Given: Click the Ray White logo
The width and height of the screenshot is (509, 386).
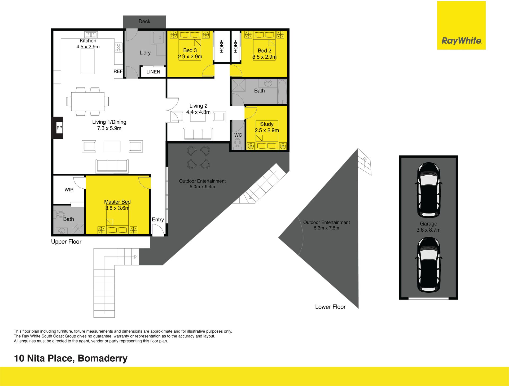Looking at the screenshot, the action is click(461, 25).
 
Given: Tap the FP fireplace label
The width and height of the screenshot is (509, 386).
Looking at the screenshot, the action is click(59, 128).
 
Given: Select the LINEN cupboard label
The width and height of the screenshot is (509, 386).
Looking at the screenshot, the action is click(153, 72).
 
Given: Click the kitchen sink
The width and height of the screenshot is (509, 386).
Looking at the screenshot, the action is click(91, 34).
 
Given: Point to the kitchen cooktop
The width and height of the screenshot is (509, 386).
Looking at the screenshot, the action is click(118, 47).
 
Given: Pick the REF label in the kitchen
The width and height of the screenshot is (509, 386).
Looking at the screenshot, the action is click(118, 71).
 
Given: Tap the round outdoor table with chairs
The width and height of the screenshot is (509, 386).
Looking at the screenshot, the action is click(199, 157).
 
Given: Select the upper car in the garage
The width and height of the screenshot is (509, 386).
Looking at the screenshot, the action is click(429, 190).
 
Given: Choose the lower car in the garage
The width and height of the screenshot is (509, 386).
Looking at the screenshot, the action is click(429, 265).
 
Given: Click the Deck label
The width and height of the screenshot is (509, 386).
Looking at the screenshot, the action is click(144, 21).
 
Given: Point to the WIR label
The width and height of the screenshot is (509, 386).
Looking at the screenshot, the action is click(69, 190).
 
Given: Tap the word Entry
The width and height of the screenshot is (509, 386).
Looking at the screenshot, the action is click(158, 220).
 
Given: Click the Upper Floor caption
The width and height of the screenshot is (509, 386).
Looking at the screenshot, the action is click(66, 242).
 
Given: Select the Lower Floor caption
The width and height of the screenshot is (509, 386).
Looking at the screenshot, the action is click(330, 307).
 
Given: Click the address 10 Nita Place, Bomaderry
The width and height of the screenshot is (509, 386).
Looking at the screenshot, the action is click(71, 358).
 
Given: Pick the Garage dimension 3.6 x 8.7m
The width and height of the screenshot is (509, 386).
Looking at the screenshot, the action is click(428, 230).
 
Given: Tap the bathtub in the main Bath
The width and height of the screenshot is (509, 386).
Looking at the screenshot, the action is click(282, 92).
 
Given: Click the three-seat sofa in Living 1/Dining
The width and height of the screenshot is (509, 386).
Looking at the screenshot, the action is click(112, 166).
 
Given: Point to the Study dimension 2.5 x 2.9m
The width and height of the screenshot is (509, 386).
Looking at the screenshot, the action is click(267, 130).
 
